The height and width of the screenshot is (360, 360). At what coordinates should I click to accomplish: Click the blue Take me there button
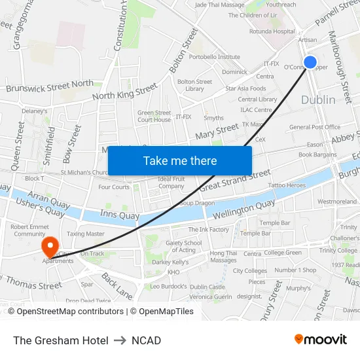coord(179,160)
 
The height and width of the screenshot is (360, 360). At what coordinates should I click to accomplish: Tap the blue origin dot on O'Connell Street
coord(310,63)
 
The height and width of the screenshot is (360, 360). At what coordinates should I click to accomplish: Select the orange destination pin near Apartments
coord(50,247)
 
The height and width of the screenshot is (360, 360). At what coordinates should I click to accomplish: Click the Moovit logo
coord(320,339)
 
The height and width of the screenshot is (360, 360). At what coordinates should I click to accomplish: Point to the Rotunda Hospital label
coord(272,31)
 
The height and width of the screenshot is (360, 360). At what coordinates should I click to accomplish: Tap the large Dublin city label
coord(318,100)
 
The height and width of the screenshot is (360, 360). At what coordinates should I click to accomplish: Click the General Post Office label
coord(315,127)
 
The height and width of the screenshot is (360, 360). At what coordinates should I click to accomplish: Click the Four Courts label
coord(114,187)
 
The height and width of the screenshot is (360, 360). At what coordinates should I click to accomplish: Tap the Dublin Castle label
coord(207,287)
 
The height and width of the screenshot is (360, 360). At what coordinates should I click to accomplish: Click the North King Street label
coord(125,92)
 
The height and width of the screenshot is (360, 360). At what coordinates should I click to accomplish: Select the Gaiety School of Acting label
coord(184,246)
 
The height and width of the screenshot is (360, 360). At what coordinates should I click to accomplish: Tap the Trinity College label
coord(338,251)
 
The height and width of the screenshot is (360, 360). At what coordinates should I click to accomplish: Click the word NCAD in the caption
coord(146,340)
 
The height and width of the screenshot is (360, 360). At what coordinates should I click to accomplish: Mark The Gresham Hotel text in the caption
coord(61,340)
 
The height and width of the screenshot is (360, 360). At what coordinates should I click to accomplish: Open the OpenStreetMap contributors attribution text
coord(70,312)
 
